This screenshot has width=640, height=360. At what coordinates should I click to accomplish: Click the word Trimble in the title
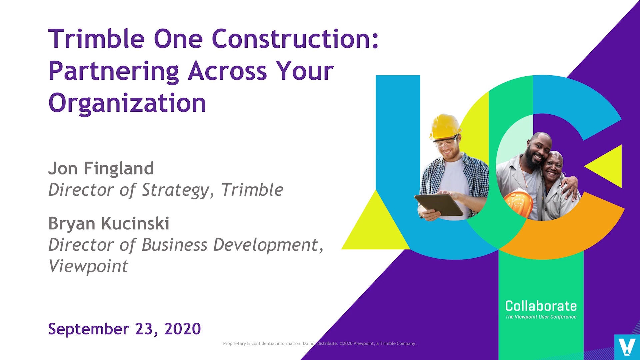[x=96, y=39]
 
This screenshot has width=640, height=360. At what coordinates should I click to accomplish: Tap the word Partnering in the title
[x=114, y=71]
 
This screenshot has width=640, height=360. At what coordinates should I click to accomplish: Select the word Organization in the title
[x=127, y=103]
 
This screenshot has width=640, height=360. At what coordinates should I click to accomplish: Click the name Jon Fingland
[x=101, y=168]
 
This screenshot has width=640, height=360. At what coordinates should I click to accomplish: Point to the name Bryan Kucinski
[x=109, y=223]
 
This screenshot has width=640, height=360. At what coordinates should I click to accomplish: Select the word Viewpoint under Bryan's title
[x=88, y=266]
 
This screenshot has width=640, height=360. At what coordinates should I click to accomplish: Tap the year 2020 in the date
[x=182, y=329]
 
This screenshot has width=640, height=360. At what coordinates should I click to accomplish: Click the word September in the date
[x=88, y=329]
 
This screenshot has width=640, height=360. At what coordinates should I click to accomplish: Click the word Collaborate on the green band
[x=541, y=306]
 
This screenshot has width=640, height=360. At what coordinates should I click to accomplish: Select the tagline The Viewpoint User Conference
[x=541, y=317]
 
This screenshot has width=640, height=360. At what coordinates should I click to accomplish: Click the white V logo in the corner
[x=627, y=347]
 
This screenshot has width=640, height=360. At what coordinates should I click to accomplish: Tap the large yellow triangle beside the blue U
[x=375, y=227]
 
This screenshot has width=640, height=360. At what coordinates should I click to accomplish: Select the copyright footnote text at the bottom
[x=320, y=344]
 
